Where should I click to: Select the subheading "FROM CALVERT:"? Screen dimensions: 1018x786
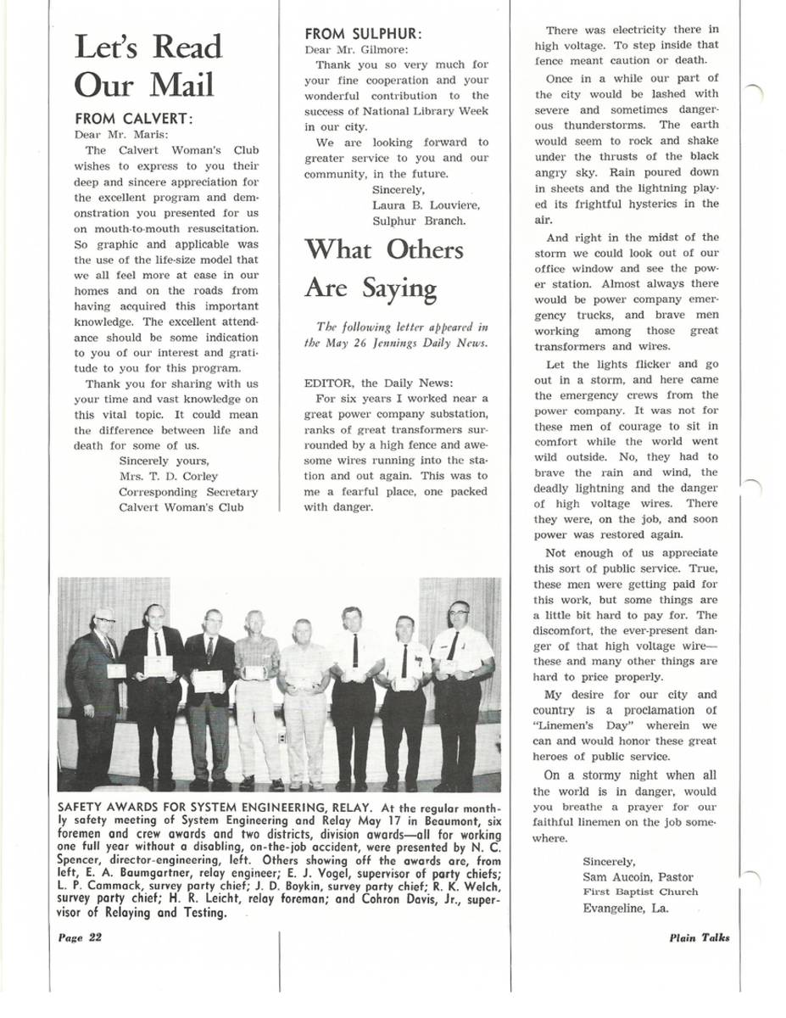click(134, 119)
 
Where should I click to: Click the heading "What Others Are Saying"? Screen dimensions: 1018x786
click(384, 269)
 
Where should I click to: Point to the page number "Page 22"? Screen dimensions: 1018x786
click(80, 937)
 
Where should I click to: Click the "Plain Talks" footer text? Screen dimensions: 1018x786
click(699, 937)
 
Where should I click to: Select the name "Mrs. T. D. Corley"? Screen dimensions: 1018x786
click(168, 477)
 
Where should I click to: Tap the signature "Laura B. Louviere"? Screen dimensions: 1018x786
click(426, 205)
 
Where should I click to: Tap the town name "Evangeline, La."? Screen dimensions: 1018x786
click(625, 908)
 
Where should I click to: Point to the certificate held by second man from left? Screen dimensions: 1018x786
click(159, 665)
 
